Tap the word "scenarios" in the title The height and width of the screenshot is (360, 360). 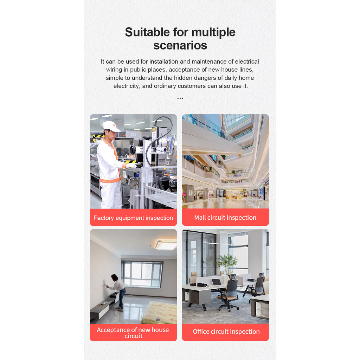point(180,45)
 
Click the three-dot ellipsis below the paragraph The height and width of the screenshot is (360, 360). point(180,98)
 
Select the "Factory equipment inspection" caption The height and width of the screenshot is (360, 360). point(133,218)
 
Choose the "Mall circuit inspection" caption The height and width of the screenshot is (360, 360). point(225,217)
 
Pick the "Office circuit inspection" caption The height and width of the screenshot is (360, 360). point(226,332)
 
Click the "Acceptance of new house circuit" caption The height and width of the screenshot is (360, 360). point(133,333)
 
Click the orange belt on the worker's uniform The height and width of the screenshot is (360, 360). point(110,181)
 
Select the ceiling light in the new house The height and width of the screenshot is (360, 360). point(166,244)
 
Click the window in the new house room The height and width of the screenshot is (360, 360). point(142,274)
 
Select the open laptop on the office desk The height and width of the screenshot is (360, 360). point(216,282)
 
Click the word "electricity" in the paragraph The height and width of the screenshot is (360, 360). point(126,86)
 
